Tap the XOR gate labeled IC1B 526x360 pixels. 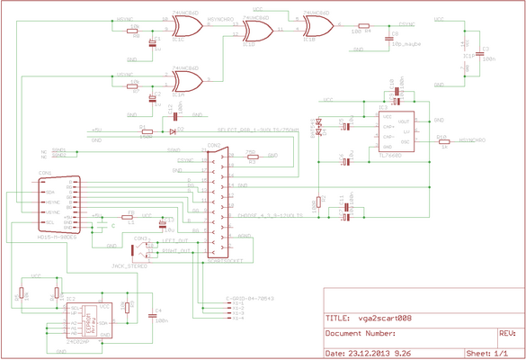pos(315,26)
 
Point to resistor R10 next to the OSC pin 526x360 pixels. pos(441,141)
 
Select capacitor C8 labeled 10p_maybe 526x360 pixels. pos(388,38)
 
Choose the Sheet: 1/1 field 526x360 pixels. pos(482,353)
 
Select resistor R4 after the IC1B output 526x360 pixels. pos(362,26)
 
